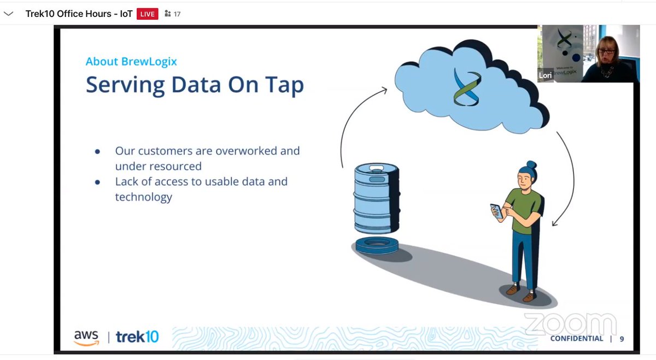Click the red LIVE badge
(147, 14)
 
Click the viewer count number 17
(177, 14)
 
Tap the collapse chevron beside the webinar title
(9, 14)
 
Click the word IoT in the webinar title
(126, 14)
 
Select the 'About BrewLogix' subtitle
(131, 61)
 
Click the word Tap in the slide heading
(284, 85)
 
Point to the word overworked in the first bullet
(257, 151)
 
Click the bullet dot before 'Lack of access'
(97, 182)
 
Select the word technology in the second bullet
(143, 197)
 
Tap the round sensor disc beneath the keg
(377, 245)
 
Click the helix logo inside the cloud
(466, 86)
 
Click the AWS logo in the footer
(86, 338)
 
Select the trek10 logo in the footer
(137, 338)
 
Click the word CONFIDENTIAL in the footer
(577, 339)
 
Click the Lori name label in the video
(545, 76)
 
